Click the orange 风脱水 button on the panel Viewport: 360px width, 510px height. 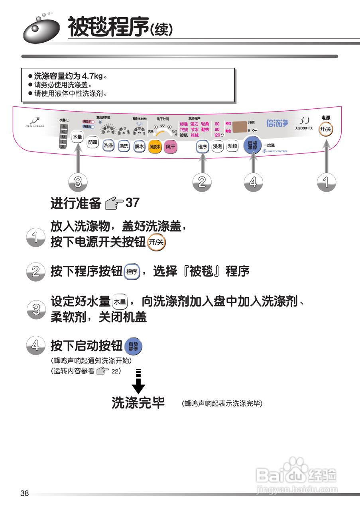point(155,146)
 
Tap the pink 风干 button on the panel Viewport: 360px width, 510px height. point(170,146)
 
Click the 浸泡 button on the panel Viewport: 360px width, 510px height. point(217,146)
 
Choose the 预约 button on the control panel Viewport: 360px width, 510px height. point(232,146)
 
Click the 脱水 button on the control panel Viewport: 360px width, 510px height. point(139,146)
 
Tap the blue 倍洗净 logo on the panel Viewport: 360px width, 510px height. point(277,123)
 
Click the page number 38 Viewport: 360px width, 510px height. point(25,494)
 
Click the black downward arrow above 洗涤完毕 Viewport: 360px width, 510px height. point(138,382)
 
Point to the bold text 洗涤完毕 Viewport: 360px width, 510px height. point(138,403)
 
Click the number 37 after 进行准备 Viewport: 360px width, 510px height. point(132,203)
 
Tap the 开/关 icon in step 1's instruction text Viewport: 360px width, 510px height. point(156,242)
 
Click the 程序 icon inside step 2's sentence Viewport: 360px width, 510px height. point(132,272)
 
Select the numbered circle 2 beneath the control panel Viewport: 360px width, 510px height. point(202,182)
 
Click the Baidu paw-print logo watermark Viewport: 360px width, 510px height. point(295,467)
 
